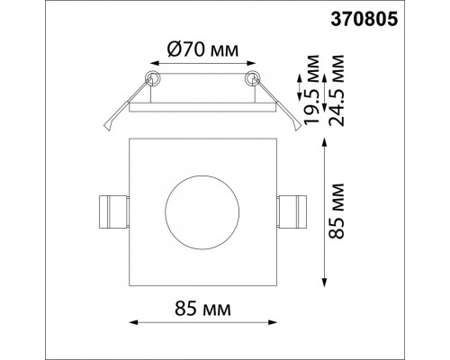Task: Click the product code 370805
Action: (x=364, y=20)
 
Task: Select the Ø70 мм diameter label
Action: (x=203, y=49)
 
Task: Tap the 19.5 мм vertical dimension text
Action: (x=310, y=90)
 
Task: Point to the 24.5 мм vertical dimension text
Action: (x=336, y=90)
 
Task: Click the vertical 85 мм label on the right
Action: (x=336, y=211)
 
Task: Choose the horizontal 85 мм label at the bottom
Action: (x=203, y=309)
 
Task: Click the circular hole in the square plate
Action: (x=202, y=212)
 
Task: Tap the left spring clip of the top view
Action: (x=114, y=211)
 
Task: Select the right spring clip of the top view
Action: (x=292, y=211)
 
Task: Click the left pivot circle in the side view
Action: (x=153, y=78)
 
